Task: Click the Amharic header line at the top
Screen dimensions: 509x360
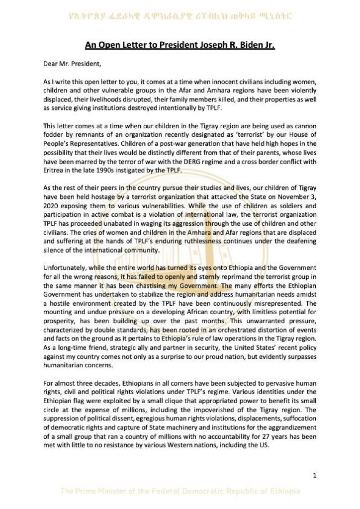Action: click(x=180, y=17)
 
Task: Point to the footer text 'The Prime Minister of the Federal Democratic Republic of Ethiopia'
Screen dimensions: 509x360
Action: click(x=180, y=492)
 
